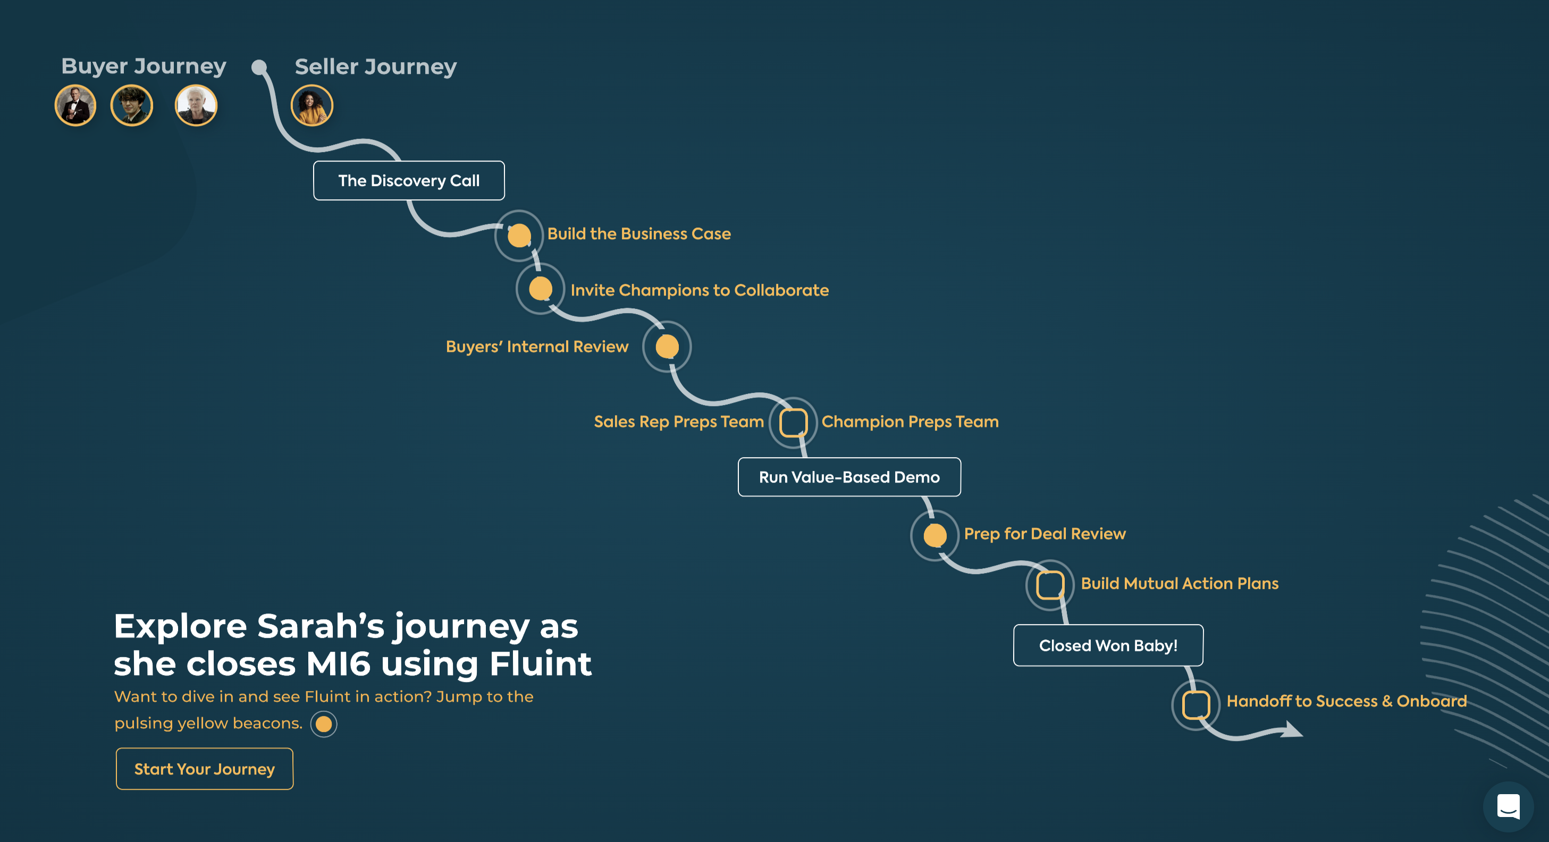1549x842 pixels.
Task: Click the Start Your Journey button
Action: tap(205, 769)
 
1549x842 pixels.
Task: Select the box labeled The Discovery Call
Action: tap(409, 180)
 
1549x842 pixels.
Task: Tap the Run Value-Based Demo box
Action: tap(849, 477)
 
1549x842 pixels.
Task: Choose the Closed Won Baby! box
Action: tap(1108, 645)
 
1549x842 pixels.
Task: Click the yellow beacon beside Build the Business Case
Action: tap(519, 235)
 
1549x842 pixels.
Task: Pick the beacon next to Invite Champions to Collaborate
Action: tap(540, 289)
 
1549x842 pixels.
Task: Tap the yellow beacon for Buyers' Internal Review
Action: tap(667, 347)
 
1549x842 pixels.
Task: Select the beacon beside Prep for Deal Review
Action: tap(935, 535)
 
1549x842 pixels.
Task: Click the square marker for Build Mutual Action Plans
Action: tap(1050, 585)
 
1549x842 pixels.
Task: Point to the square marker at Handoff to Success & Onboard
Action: tap(1196, 705)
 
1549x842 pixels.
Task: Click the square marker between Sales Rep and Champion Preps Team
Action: tap(793, 422)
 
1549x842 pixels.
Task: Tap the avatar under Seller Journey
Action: tap(312, 106)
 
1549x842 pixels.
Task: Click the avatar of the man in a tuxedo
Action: tap(75, 106)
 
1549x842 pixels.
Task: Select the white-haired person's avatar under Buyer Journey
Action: tap(196, 106)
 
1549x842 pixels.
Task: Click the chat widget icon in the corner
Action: tap(1508, 806)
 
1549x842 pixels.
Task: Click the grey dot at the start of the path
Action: tap(259, 68)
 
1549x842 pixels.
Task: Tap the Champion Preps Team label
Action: tap(910, 422)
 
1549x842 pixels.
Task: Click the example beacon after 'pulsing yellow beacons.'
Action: tap(324, 723)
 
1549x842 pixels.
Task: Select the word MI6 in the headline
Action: tap(338, 664)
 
